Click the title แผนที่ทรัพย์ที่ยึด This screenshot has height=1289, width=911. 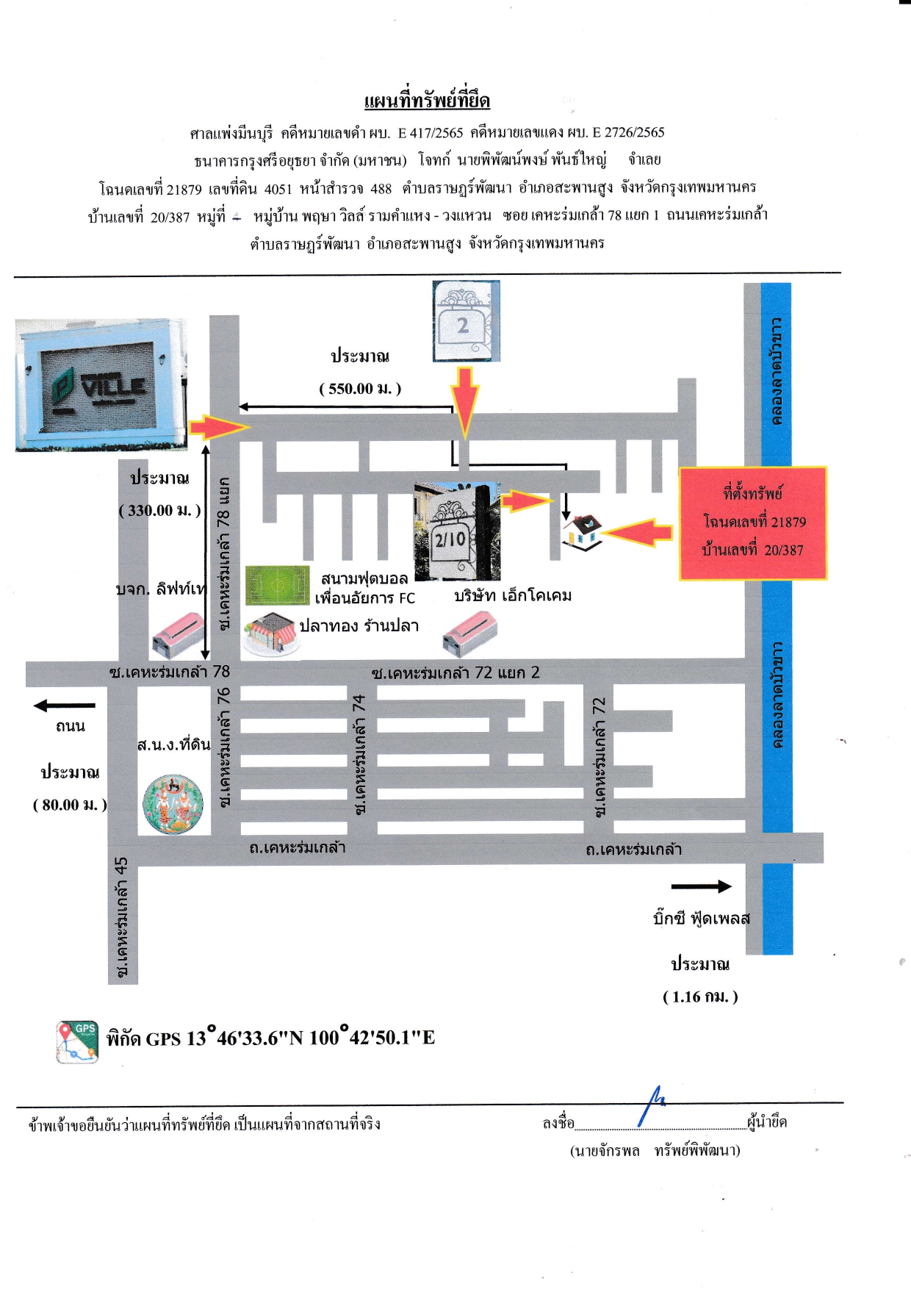click(427, 101)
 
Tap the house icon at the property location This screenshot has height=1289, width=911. click(582, 532)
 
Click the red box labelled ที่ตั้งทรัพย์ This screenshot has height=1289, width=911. click(753, 523)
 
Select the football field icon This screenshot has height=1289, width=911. click(277, 585)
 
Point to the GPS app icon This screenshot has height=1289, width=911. click(77, 1042)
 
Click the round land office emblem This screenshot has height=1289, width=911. click(173, 804)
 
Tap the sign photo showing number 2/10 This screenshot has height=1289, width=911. click(457, 531)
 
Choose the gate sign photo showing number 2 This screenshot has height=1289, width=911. click(466, 321)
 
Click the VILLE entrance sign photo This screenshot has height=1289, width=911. click(101, 384)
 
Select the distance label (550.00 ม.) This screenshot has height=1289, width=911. click(360, 389)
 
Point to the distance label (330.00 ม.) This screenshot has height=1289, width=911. click(159, 510)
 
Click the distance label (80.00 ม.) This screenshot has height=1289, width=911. click(70, 805)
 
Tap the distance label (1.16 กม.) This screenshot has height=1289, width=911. click(700, 997)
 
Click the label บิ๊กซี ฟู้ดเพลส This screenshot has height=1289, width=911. click(702, 919)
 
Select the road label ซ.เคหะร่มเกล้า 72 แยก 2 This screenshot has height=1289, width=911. click(455, 672)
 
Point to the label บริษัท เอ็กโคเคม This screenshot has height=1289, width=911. click(513, 595)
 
